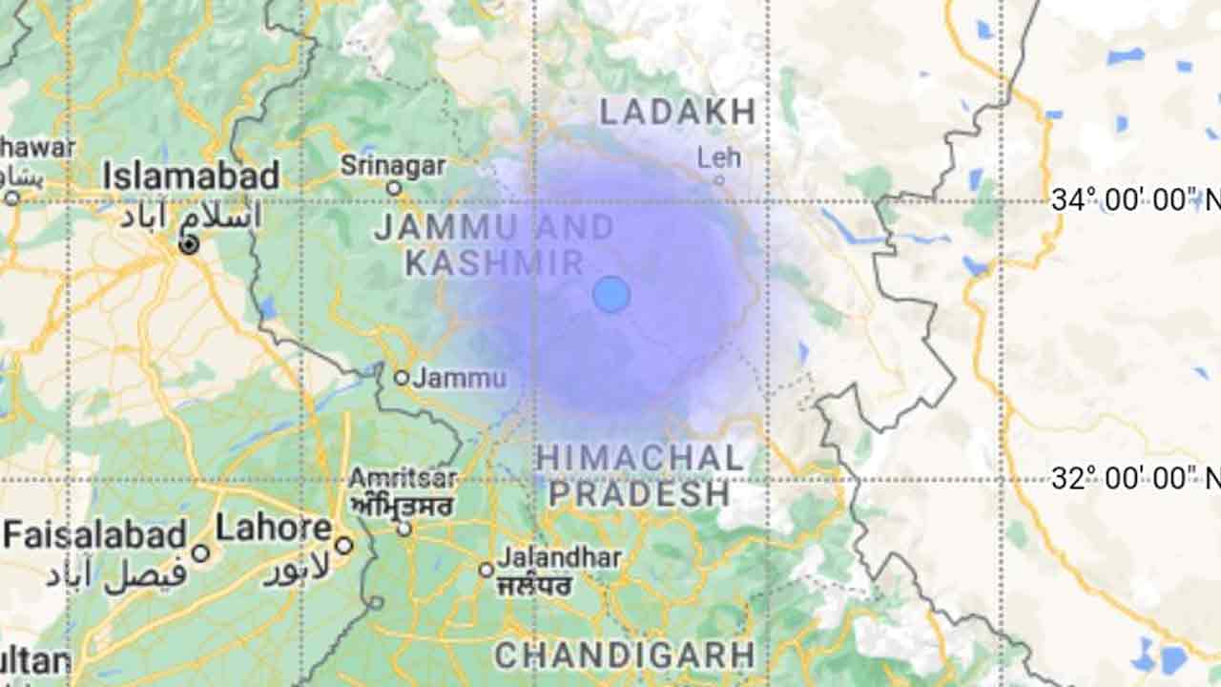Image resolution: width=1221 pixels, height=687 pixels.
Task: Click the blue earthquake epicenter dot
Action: click(611, 295)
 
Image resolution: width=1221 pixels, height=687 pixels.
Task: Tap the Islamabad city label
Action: click(191, 176)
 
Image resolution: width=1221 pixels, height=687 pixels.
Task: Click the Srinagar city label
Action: click(393, 165)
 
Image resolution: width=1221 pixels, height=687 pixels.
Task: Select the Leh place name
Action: click(718, 156)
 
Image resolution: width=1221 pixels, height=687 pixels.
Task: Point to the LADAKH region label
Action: click(677, 112)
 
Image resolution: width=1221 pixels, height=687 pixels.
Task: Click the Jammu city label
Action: click(460, 378)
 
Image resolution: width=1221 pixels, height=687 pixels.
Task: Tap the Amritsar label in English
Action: click(403, 477)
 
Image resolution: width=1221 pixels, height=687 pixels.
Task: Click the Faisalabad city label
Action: click(94, 534)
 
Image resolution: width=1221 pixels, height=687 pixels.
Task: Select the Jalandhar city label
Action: click(559, 557)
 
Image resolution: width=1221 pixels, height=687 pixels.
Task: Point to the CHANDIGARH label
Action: click(625, 656)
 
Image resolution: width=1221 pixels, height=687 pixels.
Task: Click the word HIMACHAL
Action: click(639, 458)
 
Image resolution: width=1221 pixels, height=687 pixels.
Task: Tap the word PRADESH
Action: click(639, 494)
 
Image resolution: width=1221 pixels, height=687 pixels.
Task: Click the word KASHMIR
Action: click(494, 263)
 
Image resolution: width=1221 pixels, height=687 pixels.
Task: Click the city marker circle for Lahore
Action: click(343, 546)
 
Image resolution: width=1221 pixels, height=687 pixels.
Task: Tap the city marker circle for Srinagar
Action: click(393, 188)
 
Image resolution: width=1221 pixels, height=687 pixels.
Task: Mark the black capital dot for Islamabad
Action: click(189, 245)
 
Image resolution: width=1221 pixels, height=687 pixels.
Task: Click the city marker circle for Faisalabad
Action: click(200, 552)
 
